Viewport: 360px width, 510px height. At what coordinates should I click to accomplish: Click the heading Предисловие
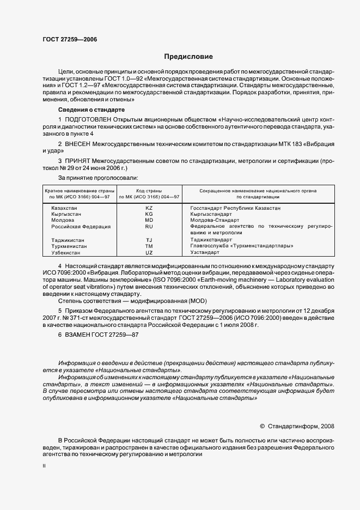pyautogui.click(x=188, y=57)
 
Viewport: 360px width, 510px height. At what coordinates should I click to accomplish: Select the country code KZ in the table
pyautogui.click(x=149, y=208)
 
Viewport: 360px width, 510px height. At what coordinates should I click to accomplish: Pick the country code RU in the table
pyautogui.click(x=149, y=226)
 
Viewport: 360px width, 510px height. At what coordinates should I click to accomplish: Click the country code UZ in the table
pyautogui.click(x=149, y=253)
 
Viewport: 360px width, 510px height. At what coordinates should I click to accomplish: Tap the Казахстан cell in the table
pyautogui.click(x=64, y=208)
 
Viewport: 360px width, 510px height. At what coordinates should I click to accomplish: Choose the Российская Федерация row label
pyautogui.click(x=81, y=226)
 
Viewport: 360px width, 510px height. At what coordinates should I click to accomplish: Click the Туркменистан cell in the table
pyautogui.click(x=69, y=246)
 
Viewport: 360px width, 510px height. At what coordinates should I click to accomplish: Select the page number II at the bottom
pyautogui.click(x=44, y=466)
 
